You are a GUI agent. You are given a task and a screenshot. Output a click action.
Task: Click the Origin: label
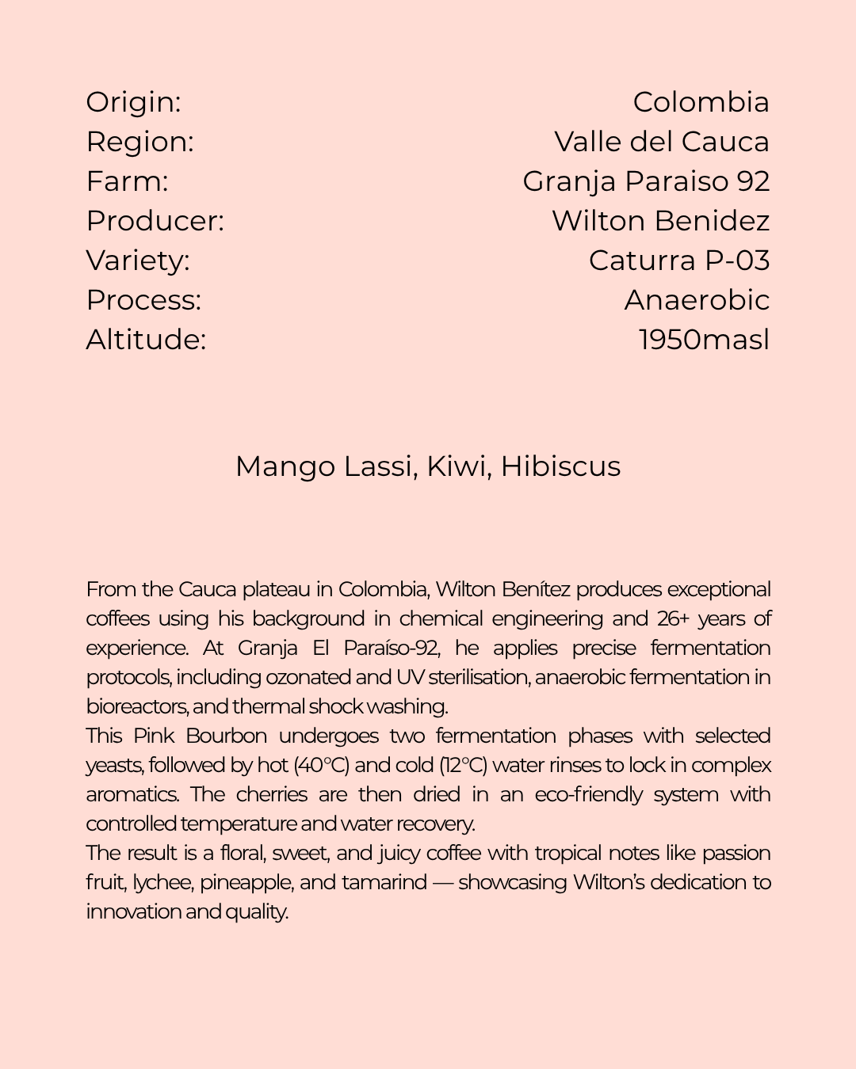(134, 102)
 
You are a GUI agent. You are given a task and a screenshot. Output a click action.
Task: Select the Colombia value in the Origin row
(701, 102)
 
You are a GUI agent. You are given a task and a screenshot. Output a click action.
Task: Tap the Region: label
(140, 142)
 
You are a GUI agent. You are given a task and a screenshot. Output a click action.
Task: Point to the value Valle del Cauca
(662, 142)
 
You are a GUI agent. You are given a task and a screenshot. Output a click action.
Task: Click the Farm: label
(128, 181)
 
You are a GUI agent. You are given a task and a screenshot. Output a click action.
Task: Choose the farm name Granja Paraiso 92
(646, 181)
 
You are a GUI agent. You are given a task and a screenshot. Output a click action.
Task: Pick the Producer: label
(155, 221)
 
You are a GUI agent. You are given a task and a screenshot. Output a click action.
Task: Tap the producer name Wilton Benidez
(660, 221)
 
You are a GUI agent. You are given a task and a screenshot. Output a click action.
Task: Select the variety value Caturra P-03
(679, 261)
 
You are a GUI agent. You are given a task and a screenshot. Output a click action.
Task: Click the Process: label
(144, 300)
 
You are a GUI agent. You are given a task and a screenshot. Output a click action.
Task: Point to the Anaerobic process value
(697, 300)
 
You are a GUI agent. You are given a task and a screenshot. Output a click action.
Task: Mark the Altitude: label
(147, 340)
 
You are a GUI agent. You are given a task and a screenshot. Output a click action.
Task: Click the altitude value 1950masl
(704, 340)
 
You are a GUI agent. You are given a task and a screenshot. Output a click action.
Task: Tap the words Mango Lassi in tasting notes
(325, 466)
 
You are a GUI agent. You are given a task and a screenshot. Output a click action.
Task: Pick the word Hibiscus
(560, 466)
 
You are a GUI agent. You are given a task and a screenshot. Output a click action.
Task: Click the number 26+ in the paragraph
(673, 618)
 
